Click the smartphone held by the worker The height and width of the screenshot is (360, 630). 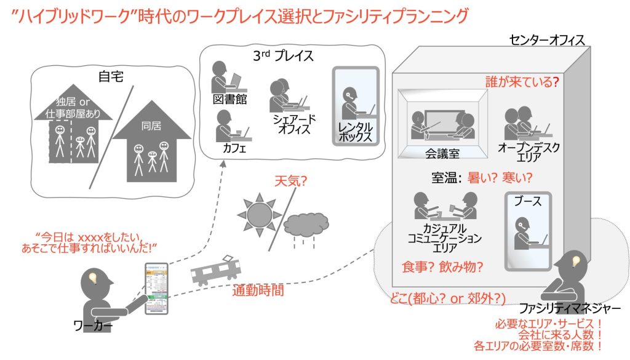pyautogui.click(x=156, y=288)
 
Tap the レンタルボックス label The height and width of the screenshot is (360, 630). pyautogui.click(x=356, y=130)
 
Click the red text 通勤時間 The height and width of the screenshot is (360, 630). pyautogui.click(x=258, y=290)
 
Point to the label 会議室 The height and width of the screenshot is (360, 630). pyautogui.click(x=442, y=151)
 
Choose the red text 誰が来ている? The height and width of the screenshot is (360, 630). pyautogui.click(x=522, y=81)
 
